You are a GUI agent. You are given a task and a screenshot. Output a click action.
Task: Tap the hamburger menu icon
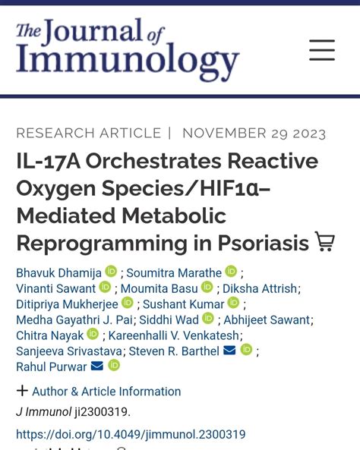(322, 50)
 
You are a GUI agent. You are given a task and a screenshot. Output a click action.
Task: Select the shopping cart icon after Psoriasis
(325, 242)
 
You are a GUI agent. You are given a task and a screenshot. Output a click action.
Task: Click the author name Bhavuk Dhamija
(58, 272)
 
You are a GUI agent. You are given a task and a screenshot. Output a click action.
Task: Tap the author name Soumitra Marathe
(174, 272)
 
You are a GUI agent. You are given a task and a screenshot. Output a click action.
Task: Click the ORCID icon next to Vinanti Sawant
(105, 288)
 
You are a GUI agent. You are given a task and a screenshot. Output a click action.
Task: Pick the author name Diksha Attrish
(261, 288)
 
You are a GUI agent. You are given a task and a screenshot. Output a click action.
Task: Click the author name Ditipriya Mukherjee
(67, 304)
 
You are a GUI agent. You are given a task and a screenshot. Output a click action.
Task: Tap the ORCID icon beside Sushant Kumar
(233, 304)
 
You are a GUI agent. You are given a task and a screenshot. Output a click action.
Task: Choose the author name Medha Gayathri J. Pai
(74, 319)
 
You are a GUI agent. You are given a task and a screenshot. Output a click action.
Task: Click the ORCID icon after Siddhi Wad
(208, 319)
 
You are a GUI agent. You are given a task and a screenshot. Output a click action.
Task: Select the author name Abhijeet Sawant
(267, 319)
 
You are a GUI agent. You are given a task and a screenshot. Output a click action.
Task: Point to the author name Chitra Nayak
(49, 335)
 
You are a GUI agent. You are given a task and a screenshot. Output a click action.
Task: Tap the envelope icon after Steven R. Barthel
(229, 351)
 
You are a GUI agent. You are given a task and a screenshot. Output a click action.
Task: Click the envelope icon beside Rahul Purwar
(97, 367)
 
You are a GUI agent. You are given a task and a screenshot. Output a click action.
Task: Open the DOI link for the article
(131, 435)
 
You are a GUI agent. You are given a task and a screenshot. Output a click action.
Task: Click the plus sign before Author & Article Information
(22, 391)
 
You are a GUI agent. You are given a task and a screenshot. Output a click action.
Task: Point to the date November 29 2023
(254, 134)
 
